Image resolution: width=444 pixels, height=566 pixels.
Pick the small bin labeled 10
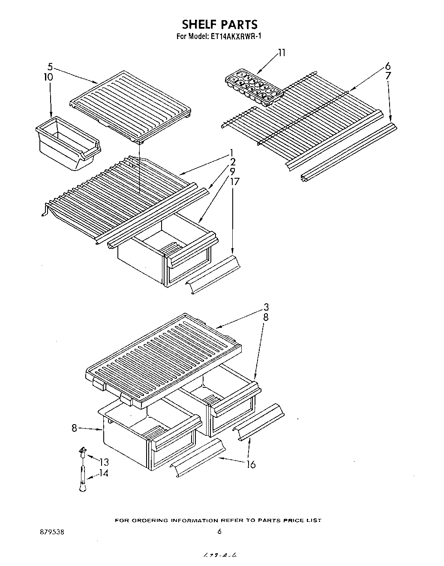pyautogui.click(x=68, y=144)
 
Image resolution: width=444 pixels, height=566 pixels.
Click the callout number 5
pyautogui.click(x=50, y=67)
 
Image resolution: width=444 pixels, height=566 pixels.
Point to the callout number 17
pyautogui.click(x=234, y=182)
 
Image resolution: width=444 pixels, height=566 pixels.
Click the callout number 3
pyautogui.click(x=266, y=307)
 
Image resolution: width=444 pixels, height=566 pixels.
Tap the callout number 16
pyautogui.click(x=251, y=464)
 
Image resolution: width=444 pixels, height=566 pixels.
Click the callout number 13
pyautogui.click(x=104, y=462)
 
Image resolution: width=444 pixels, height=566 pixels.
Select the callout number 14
pyautogui.click(x=104, y=473)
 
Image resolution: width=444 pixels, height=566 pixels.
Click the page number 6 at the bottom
pyautogui.click(x=219, y=532)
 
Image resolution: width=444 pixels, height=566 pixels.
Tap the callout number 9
pyautogui.click(x=232, y=171)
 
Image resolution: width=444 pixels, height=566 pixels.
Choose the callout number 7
pyautogui.click(x=388, y=76)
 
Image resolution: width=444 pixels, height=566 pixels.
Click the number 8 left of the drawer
pyautogui.click(x=75, y=427)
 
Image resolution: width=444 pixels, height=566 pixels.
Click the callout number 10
pyautogui.click(x=48, y=77)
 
